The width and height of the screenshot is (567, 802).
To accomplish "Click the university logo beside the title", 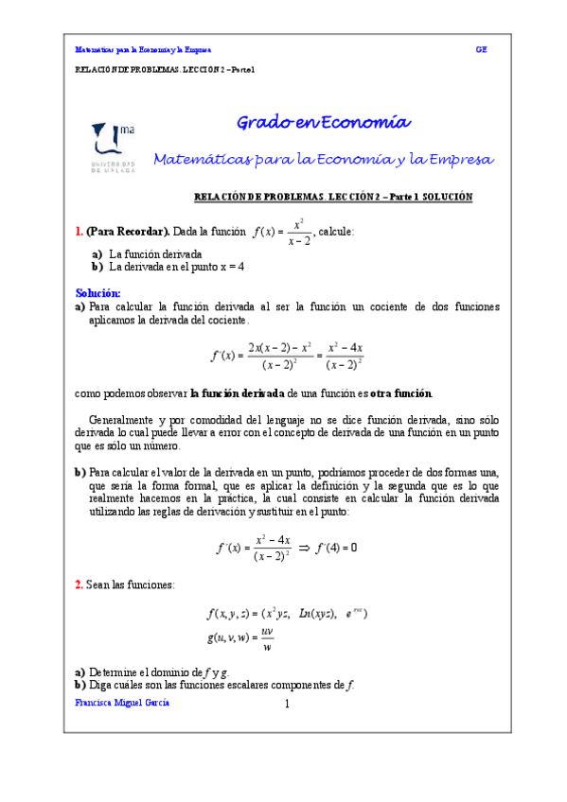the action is [113, 145].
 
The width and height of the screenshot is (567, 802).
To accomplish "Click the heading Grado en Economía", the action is [323, 122].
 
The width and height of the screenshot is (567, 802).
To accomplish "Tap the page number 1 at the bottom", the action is [286, 705].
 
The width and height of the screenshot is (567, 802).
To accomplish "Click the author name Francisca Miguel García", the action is [123, 704].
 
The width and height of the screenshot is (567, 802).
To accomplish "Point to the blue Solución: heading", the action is [97, 293].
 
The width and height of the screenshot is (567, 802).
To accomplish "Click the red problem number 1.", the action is [79, 231].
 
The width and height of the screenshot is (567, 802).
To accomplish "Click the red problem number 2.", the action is [79, 585].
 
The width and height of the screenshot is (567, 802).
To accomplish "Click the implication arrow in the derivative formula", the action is [304, 548].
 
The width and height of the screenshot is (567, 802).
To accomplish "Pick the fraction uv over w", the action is [267, 640].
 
